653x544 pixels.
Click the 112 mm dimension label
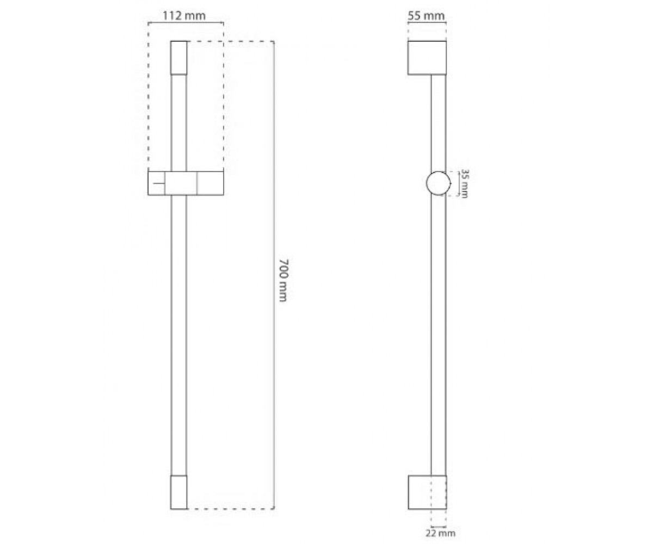click(184, 15)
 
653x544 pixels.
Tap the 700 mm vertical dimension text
click(283, 280)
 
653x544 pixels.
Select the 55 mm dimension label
click(426, 15)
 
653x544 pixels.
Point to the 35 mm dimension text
click(464, 183)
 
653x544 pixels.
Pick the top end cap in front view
click(179, 58)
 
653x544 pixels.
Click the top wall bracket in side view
click(427, 58)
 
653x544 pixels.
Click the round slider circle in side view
click(439, 183)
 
